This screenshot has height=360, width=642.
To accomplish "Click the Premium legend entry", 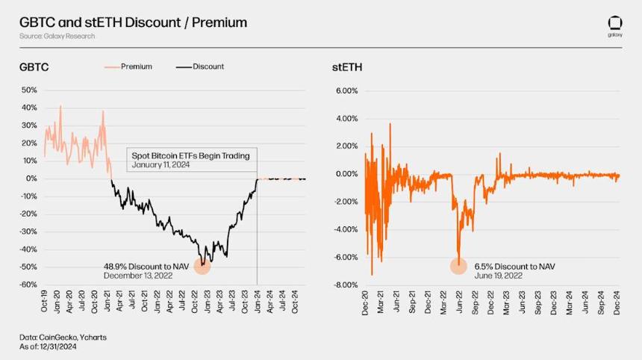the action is click(x=128, y=66).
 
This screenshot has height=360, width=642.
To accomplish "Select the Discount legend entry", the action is click(x=200, y=66).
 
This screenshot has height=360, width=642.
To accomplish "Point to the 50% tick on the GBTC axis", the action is click(x=29, y=90).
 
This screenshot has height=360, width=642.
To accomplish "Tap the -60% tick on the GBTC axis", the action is click(x=28, y=285).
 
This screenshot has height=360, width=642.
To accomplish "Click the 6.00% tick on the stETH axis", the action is click(x=347, y=90).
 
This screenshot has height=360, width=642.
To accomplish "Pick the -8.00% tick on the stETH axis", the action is click(x=346, y=285).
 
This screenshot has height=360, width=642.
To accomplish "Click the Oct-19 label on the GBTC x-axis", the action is click(x=44, y=301).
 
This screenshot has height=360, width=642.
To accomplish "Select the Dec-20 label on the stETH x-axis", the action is click(x=365, y=302).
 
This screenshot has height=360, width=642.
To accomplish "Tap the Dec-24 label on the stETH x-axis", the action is click(x=617, y=302).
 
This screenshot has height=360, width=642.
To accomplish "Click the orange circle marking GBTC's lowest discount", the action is click(x=202, y=266).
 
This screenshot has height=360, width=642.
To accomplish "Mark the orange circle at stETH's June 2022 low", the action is click(x=458, y=266).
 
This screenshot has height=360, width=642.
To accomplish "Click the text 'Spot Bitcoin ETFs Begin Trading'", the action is click(x=190, y=155).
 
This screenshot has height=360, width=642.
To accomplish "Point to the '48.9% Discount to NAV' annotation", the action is click(x=146, y=267).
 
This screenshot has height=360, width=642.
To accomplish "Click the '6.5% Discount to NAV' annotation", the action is click(x=514, y=267).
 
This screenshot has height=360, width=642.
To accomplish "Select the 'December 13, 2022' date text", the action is click(x=138, y=276).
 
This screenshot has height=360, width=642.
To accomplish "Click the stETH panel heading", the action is click(x=347, y=67).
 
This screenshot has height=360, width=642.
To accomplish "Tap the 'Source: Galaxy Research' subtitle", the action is click(x=57, y=36).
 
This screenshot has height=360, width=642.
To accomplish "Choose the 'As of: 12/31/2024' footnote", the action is click(x=48, y=347).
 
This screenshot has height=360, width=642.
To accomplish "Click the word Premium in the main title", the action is click(x=219, y=22).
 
